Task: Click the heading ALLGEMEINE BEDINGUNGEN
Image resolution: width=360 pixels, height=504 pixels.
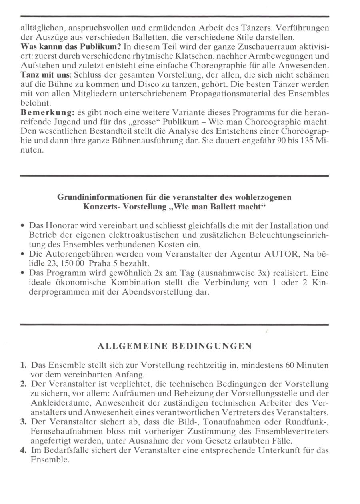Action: point(175,347)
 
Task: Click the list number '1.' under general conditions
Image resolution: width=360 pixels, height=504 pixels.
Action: point(24,365)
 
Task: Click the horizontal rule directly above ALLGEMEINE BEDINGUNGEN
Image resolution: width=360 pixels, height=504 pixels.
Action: point(174,325)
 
